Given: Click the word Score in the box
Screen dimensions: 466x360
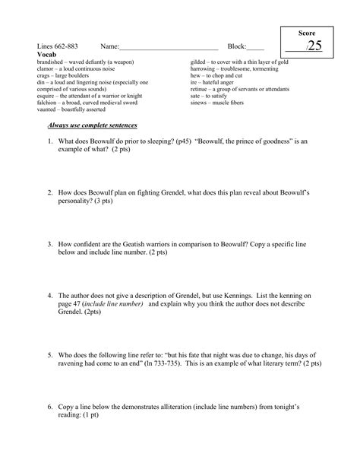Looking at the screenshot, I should [306, 34].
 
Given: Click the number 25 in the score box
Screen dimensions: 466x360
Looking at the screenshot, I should [314, 46].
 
